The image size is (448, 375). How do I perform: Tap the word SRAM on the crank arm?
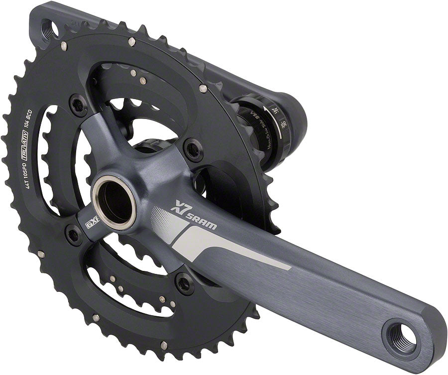tap(202, 220)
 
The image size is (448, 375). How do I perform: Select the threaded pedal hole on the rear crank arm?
tap(50, 28)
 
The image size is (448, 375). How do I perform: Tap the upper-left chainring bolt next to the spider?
tap(79, 105)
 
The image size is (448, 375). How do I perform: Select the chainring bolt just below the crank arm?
tap(185, 283)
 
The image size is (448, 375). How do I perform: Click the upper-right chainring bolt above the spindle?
tap(193, 148)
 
